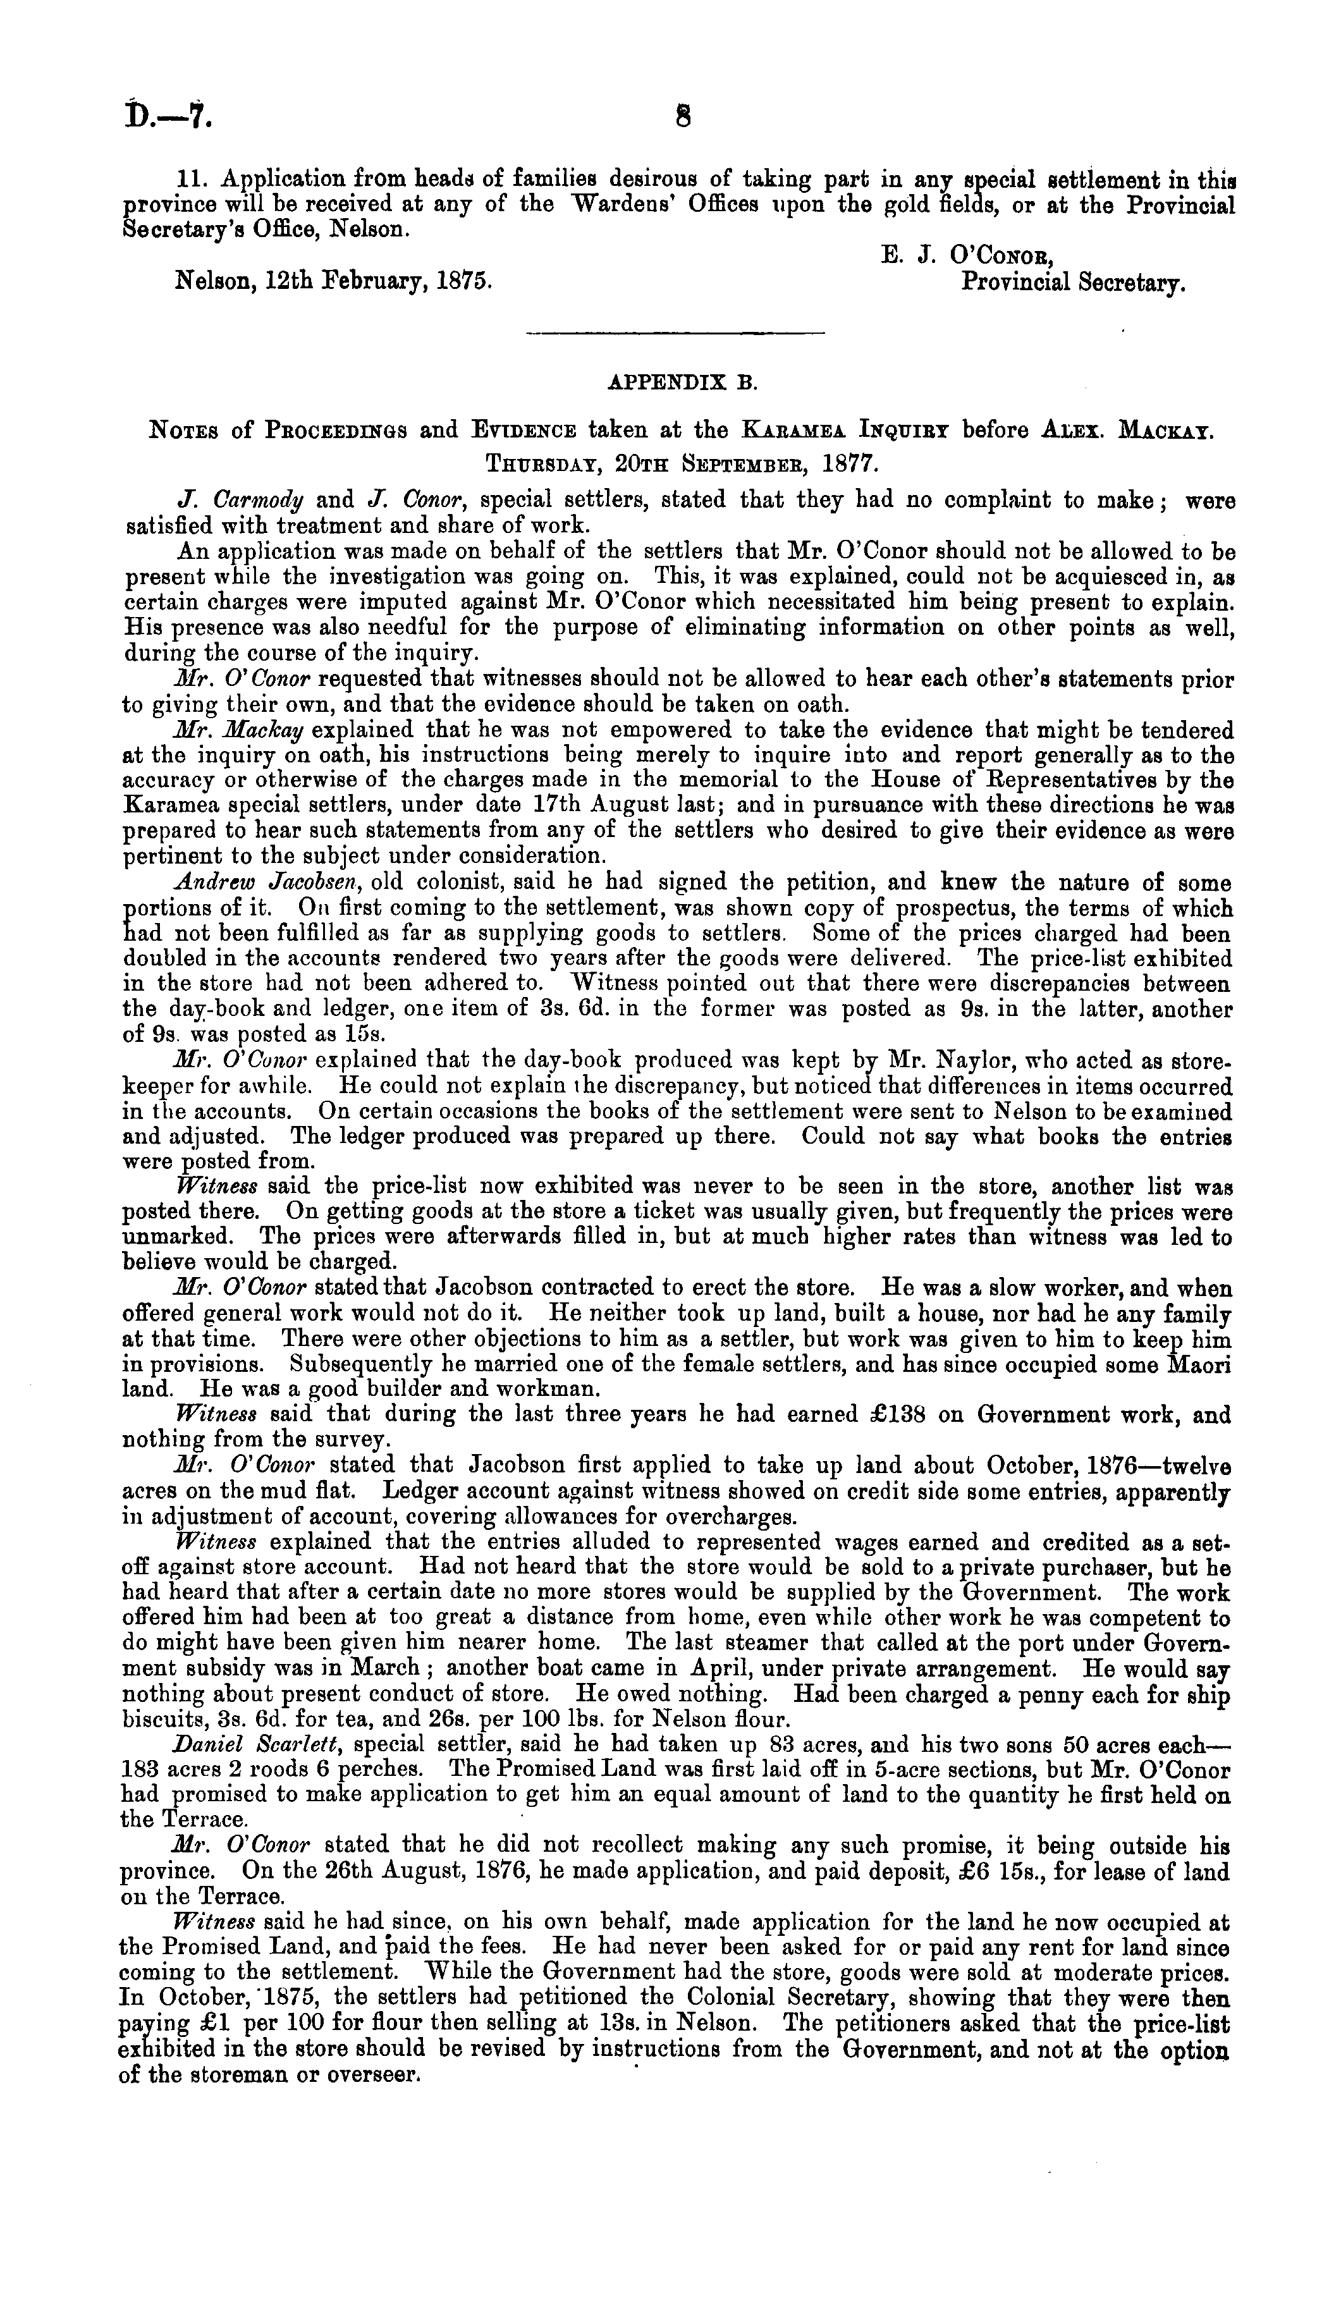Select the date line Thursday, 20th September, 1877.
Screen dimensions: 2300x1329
click(x=682, y=463)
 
